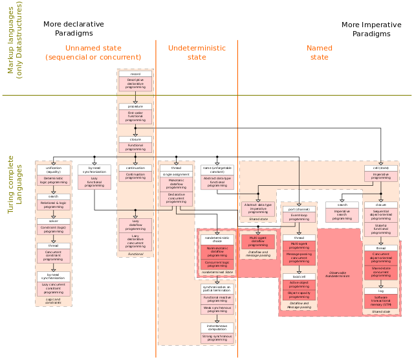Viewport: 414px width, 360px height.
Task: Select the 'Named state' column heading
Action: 319,52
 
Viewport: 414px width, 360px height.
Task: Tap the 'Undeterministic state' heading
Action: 197,52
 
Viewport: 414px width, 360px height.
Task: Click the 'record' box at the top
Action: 135,74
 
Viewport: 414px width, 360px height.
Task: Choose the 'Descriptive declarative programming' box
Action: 135,84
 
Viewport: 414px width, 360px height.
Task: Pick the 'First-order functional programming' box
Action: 135,116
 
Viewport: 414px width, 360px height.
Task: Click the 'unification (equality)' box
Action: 53,170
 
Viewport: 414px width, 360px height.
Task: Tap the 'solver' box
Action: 53,221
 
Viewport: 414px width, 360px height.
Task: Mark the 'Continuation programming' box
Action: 135,176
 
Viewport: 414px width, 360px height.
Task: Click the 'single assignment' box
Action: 177,174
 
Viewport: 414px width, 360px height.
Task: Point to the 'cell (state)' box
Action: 381,168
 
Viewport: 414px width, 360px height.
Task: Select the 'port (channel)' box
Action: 299,209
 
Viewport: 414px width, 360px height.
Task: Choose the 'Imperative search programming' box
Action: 342,215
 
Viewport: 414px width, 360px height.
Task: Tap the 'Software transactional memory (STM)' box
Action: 381,301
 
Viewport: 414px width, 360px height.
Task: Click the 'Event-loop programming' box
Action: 299,219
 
